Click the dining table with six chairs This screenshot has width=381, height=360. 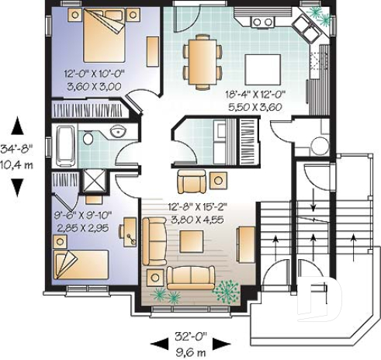coord(202,61)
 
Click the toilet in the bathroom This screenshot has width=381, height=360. coord(88,138)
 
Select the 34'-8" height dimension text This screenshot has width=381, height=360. coord(17,147)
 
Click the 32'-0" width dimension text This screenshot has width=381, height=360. coord(189,337)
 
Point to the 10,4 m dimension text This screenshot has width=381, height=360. coord(17,163)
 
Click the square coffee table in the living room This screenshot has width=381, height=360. coord(192,241)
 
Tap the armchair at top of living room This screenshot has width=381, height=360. coord(191,182)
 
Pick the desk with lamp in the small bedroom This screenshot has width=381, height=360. coord(130,232)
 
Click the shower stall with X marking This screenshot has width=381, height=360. coord(95,180)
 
